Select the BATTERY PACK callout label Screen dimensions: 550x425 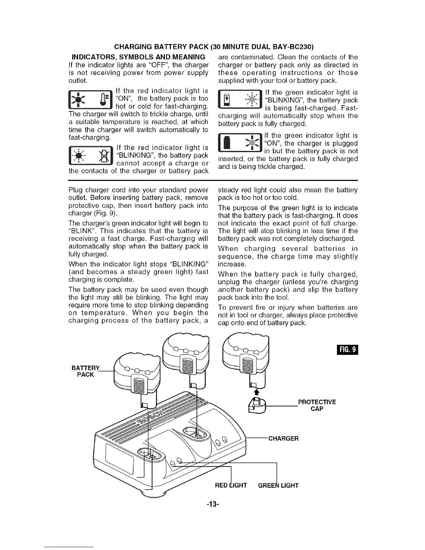click(85, 371)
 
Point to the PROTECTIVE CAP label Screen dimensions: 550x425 click(317, 405)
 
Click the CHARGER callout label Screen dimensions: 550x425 click(283, 438)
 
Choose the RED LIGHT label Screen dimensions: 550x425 click(231, 485)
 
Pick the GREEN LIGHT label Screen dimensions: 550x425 click(278, 485)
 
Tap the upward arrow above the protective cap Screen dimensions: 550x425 click(257, 392)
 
